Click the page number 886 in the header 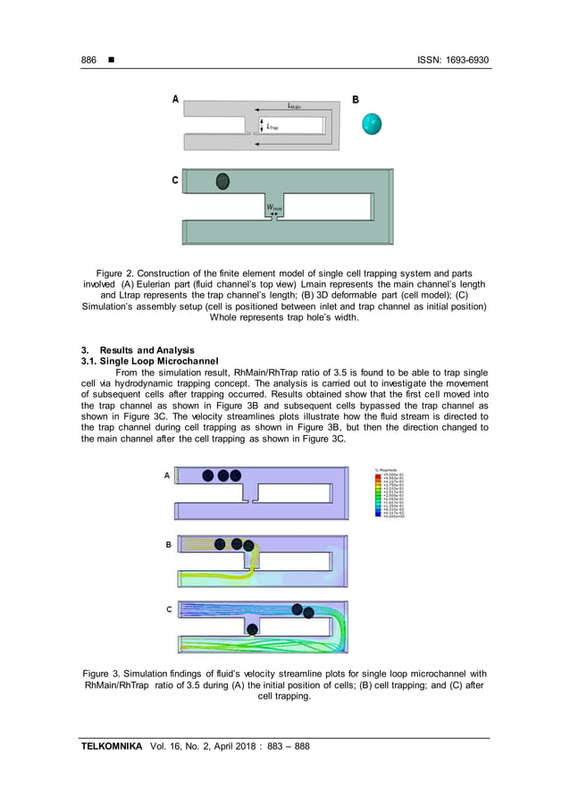coord(88,60)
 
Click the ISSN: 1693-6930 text coord(453,60)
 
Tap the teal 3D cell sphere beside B coord(372,124)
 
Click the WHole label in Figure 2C coord(273,209)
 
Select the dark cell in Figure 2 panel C coord(222,181)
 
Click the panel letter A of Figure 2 coord(176,100)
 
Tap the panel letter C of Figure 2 coord(176,181)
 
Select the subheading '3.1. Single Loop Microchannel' coord(144,360)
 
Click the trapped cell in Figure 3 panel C coord(252,630)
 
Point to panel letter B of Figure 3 coord(169,544)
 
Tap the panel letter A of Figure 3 coord(167,476)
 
